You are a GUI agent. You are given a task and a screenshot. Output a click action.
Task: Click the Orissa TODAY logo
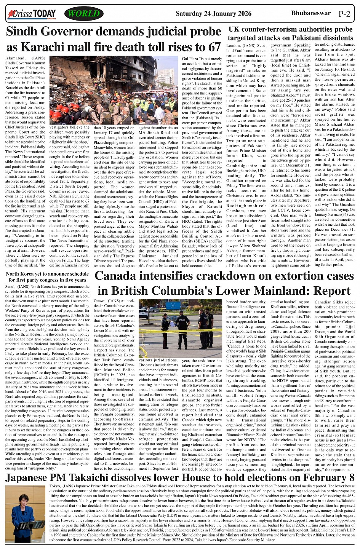(x=32, y=14)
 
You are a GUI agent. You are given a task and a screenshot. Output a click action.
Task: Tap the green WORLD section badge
(x=83, y=14)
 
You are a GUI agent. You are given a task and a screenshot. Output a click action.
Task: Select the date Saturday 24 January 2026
(x=213, y=14)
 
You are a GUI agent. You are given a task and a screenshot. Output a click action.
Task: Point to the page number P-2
(x=344, y=14)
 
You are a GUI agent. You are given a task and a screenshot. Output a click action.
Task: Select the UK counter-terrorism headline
(x=290, y=34)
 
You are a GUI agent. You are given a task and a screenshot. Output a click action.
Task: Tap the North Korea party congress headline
(x=48, y=277)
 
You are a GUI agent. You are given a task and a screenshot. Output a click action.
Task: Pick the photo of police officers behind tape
(x=181, y=328)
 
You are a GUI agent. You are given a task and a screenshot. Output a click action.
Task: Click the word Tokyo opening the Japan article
(x=56, y=487)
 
